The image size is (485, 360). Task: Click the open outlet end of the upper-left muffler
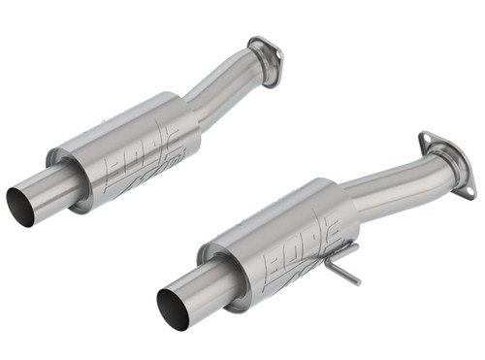pyautogui.click(x=20, y=207)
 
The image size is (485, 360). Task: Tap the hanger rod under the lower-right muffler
pyautogui.click(x=340, y=265)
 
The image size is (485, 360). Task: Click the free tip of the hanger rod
pyautogui.click(x=358, y=282)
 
